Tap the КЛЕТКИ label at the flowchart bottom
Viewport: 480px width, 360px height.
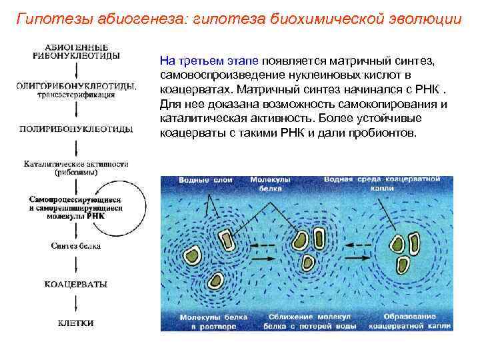pos(75,323)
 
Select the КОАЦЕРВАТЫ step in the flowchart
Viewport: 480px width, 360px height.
pos(75,284)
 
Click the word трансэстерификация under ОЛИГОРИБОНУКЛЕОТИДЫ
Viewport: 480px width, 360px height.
pos(75,94)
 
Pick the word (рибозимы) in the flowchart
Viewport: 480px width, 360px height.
pos(76,171)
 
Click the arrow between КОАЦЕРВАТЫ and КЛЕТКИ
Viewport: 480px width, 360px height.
pos(75,303)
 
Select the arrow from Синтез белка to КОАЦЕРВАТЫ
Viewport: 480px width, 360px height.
pos(75,265)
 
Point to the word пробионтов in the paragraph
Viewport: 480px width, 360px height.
pos(383,133)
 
